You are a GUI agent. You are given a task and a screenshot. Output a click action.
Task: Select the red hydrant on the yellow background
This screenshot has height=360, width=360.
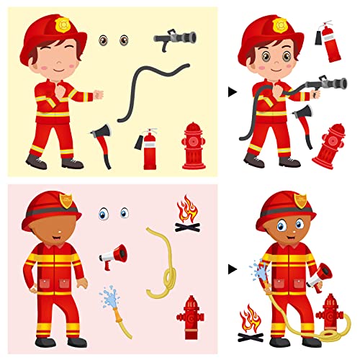193,145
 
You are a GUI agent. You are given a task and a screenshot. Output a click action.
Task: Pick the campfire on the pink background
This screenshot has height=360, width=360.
187,216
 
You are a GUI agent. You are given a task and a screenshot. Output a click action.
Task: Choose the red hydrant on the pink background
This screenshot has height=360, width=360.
190,316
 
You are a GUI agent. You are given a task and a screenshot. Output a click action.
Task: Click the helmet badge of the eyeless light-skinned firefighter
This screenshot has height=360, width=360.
62,25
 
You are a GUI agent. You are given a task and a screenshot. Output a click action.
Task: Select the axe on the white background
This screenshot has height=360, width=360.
302,119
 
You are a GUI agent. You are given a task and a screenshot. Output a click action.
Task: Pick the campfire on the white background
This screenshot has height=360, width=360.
249,321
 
